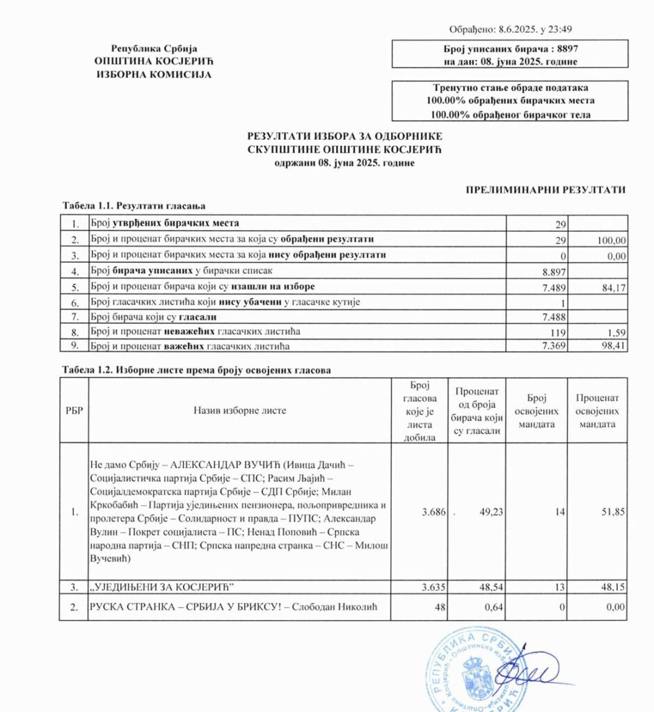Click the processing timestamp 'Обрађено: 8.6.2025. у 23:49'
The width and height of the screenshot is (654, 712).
click(x=511, y=29)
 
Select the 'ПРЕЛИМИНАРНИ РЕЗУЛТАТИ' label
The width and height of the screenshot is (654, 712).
click(x=545, y=189)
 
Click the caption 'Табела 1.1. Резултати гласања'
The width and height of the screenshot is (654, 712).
click(x=133, y=206)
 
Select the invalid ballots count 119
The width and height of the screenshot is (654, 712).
click(x=561, y=331)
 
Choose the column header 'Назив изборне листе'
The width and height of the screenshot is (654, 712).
click(x=239, y=410)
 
